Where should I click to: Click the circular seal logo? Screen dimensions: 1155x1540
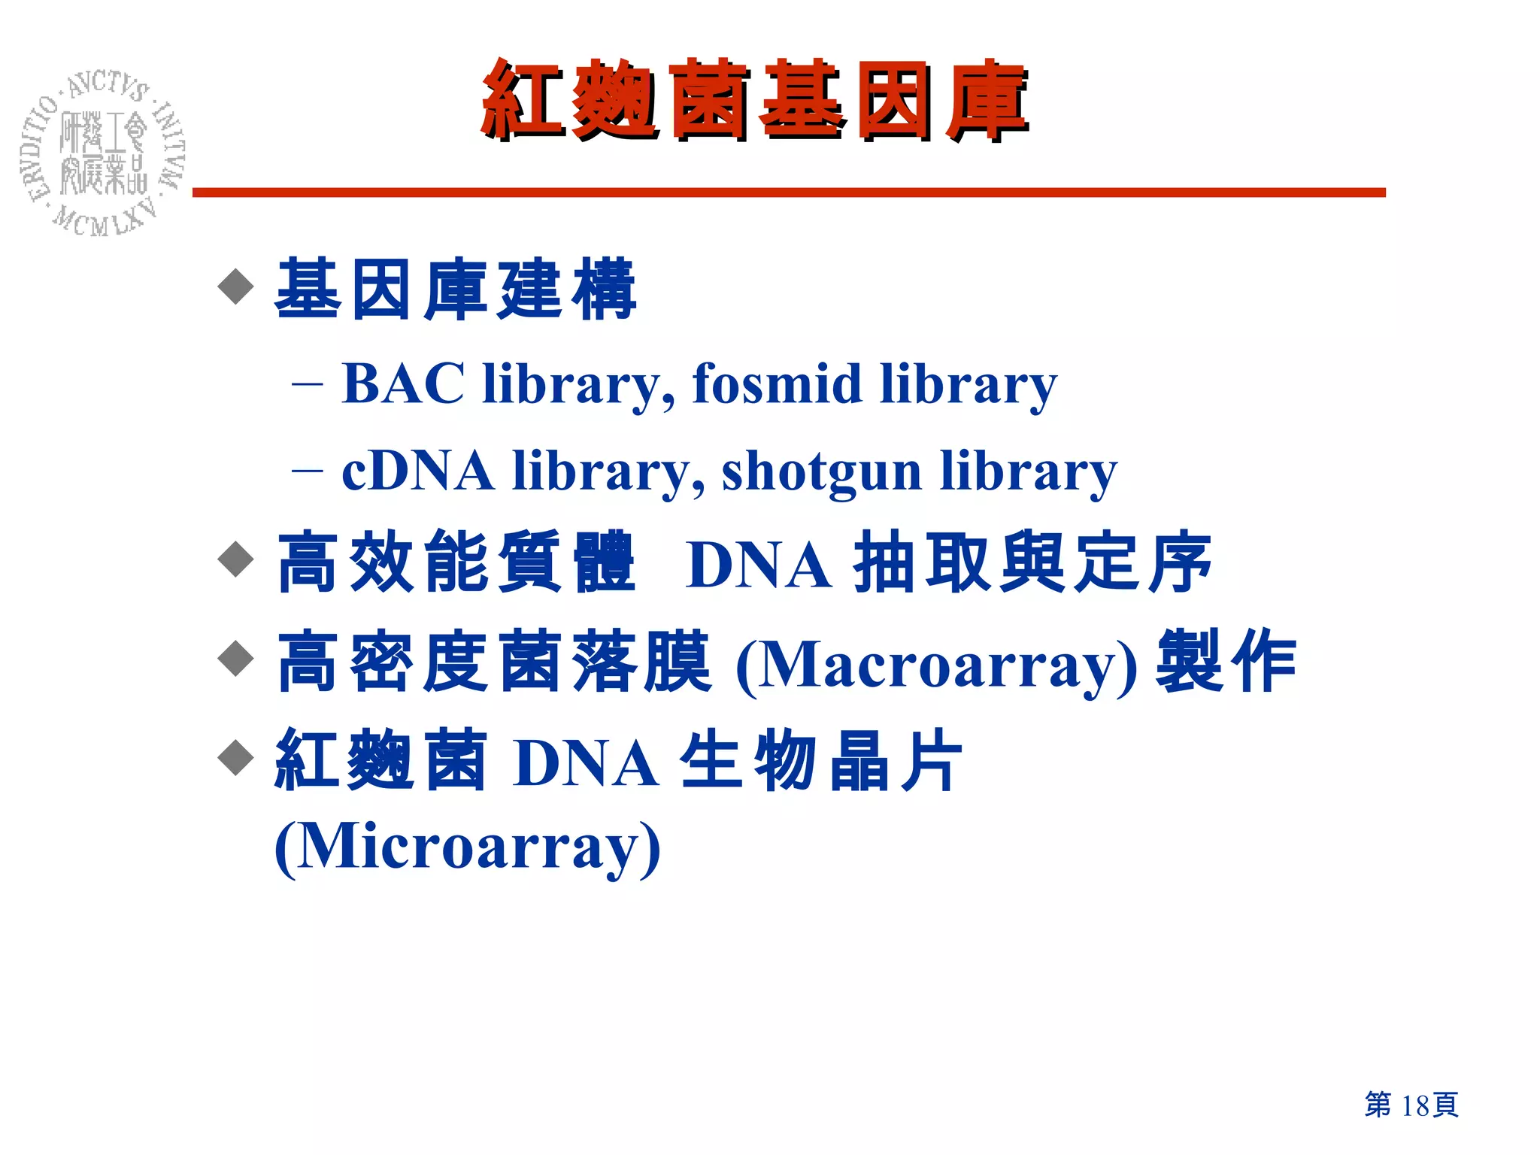click(x=102, y=155)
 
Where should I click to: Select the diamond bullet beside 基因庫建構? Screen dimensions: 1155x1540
click(x=236, y=286)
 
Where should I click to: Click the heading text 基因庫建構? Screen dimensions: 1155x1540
click(x=456, y=290)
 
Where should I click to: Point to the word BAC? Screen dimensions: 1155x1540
click(x=403, y=383)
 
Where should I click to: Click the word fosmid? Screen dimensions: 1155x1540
click(x=776, y=383)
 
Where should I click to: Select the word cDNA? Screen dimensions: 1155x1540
click(x=417, y=471)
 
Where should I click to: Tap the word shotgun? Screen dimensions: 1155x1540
click(x=821, y=472)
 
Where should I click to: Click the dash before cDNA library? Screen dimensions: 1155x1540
click(x=307, y=471)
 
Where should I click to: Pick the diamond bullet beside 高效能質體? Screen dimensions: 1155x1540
click(x=236, y=559)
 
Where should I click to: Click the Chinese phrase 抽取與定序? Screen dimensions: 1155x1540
click(x=1032, y=562)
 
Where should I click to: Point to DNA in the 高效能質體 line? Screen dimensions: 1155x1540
click(x=759, y=565)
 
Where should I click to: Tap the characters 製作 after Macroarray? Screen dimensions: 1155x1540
click(x=1226, y=661)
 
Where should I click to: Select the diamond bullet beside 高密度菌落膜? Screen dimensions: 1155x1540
click(x=236, y=659)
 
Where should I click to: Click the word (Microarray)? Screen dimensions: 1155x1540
click(x=467, y=847)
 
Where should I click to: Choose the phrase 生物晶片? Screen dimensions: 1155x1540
click(x=821, y=761)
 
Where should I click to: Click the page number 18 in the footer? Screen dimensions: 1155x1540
click(x=1414, y=1105)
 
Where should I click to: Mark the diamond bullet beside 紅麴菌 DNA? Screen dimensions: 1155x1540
click(x=236, y=757)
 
